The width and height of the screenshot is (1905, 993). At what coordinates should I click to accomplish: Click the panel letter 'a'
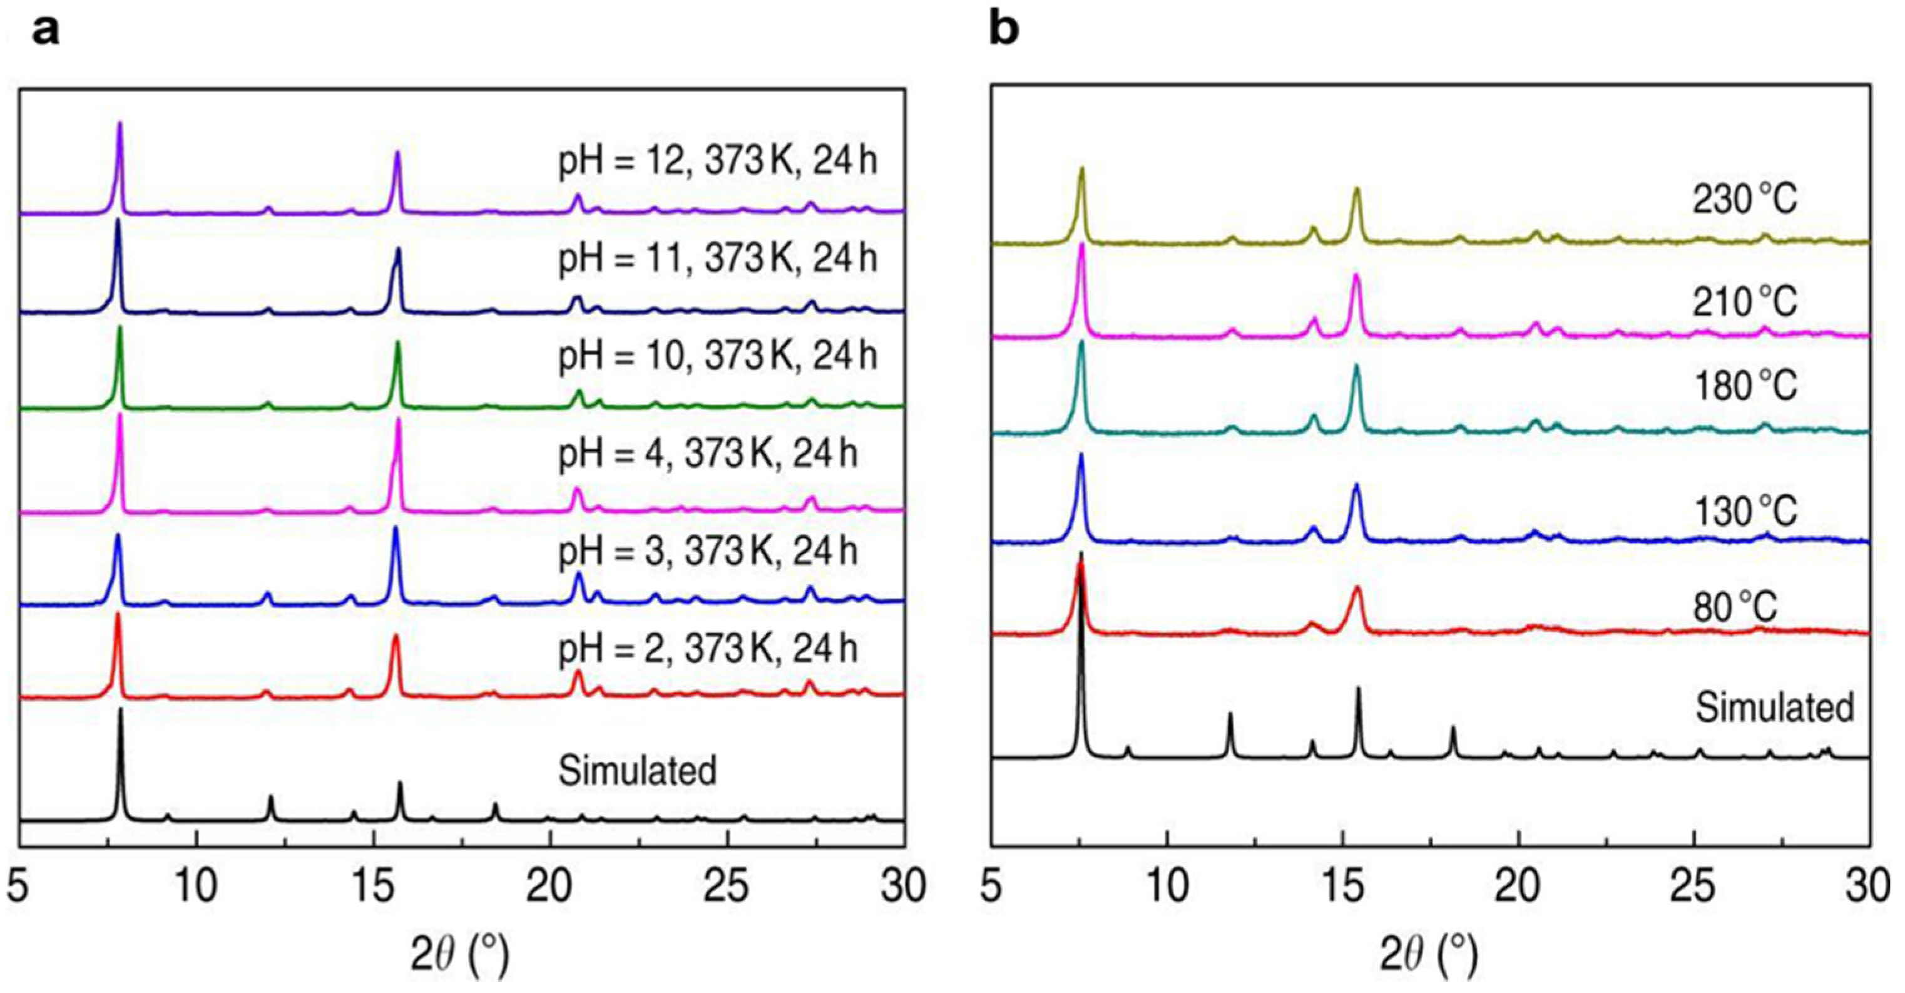tap(46, 32)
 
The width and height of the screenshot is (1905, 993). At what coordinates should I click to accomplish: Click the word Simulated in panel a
tap(638, 771)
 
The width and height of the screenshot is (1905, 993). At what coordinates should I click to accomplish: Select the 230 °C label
tap(1744, 200)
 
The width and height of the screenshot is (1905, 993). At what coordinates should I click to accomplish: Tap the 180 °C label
tap(1744, 386)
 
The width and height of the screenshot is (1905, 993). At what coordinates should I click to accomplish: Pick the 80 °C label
tap(1735, 608)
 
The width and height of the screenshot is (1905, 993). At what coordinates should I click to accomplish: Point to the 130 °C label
tap(1744, 510)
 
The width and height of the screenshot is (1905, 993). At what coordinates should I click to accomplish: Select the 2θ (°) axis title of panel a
tap(460, 955)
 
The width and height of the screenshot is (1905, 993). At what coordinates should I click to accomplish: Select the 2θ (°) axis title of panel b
tap(1429, 955)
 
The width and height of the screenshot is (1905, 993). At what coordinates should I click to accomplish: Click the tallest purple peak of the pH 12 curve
tap(120, 125)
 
